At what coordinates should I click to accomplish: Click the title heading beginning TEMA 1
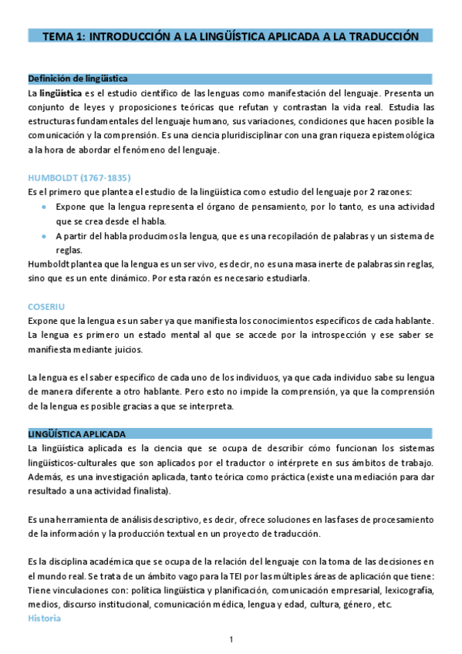pyautogui.click(x=230, y=36)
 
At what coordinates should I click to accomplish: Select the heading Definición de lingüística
pyautogui.click(x=77, y=79)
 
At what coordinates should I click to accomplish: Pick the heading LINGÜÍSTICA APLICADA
pyautogui.click(x=76, y=433)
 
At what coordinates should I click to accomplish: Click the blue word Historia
pyautogui.click(x=44, y=619)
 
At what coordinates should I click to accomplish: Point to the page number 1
pyautogui.click(x=231, y=639)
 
